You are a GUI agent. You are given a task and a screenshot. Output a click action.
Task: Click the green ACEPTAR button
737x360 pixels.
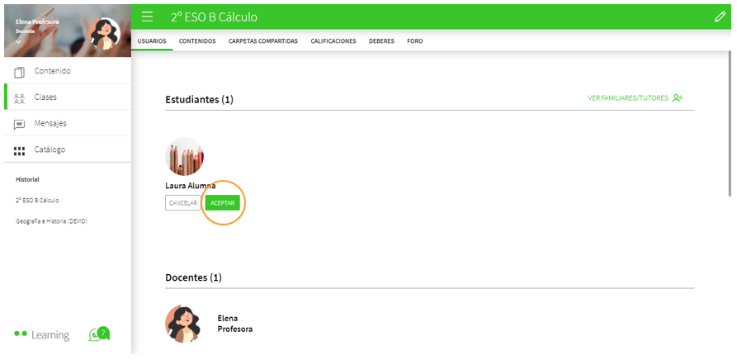pyautogui.click(x=223, y=202)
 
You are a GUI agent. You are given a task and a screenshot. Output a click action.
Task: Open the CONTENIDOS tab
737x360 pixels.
pyautogui.click(x=197, y=40)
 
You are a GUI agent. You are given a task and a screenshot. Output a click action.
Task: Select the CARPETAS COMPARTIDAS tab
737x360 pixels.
pyautogui.click(x=263, y=40)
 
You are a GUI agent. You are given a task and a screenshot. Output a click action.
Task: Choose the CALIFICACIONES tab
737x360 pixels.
pyautogui.click(x=333, y=40)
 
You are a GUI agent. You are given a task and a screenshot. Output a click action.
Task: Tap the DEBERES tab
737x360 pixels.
pyautogui.click(x=381, y=40)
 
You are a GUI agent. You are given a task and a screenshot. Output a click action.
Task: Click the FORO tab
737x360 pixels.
pyautogui.click(x=414, y=40)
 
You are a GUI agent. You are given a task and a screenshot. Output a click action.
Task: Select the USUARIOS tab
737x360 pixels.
pyautogui.click(x=152, y=40)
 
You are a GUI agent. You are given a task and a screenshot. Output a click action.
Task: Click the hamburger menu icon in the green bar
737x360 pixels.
pyautogui.click(x=147, y=17)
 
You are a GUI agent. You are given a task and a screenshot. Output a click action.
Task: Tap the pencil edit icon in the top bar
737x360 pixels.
pyautogui.click(x=720, y=17)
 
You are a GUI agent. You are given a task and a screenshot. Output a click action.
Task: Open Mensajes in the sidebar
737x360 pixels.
pyautogui.click(x=50, y=123)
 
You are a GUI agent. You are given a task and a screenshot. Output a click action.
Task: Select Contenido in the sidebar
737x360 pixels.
pyautogui.click(x=51, y=71)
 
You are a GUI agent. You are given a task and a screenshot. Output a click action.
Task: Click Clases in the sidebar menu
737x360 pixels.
pyautogui.click(x=45, y=97)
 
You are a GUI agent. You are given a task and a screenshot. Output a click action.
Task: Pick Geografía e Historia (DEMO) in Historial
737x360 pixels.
pyautogui.click(x=51, y=221)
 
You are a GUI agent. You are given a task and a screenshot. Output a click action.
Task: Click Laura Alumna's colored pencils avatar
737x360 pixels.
pyautogui.click(x=184, y=157)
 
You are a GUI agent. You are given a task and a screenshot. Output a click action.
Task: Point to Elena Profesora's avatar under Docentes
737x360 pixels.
pyautogui.click(x=183, y=323)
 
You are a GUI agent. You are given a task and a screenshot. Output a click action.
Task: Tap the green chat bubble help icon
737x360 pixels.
pyautogui.click(x=99, y=334)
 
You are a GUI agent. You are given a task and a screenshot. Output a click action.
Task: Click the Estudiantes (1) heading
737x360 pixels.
pyautogui.click(x=199, y=100)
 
